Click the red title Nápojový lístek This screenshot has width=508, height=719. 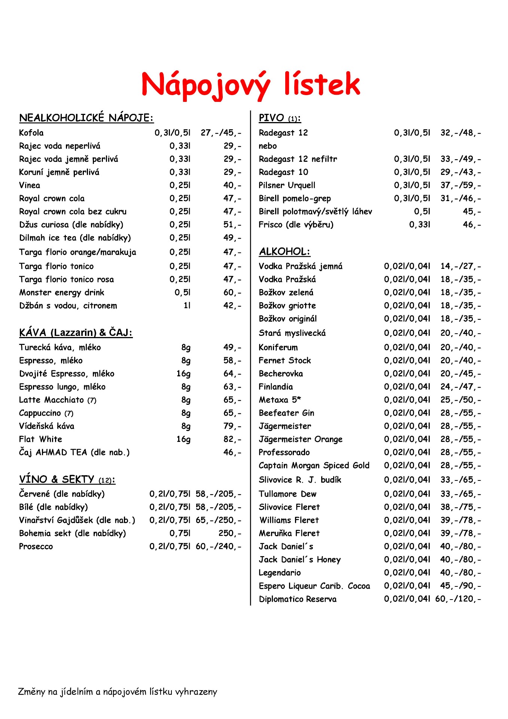tap(250, 85)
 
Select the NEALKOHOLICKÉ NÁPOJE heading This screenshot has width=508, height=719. tap(86, 118)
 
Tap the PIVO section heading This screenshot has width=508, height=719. tap(280, 118)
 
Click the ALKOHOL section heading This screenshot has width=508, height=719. tap(285, 252)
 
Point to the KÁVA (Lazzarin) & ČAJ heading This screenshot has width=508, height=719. tap(76, 333)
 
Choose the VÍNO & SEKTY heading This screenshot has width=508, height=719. tap(67, 479)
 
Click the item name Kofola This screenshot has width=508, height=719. tap(31, 133)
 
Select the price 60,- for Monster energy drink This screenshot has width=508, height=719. tap(232, 292)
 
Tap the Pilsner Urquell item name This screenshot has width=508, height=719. tap(287, 185)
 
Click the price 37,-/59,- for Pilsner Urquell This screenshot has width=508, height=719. tap(460, 185)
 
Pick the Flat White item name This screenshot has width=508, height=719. tap(40, 439)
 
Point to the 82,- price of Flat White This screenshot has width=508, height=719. tap(232, 439)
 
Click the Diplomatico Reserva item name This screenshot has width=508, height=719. tap(298, 599)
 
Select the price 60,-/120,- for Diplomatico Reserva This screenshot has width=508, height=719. tap(458, 599)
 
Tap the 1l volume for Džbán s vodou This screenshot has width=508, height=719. tap(187, 306)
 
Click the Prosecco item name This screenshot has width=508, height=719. tap(36, 547)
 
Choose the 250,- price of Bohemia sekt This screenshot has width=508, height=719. tap(230, 533)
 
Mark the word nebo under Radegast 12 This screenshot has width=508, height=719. tap(268, 146)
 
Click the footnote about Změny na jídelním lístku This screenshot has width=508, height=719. tap(118, 692)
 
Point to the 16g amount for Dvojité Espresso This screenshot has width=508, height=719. tap(183, 374)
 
